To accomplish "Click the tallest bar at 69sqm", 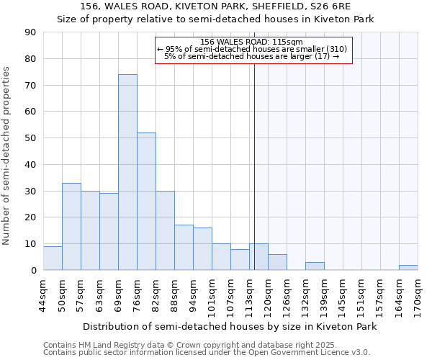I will [x=127, y=172].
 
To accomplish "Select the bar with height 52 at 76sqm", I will [x=146, y=202].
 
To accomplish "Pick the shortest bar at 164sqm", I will [x=408, y=268].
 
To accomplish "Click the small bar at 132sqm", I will [x=315, y=266].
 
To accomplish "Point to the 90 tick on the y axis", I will [x=30, y=32].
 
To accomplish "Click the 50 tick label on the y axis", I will [x=30, y=138].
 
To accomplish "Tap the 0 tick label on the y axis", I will [x=32, y=271].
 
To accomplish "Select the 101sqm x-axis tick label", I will [x=212, y=295].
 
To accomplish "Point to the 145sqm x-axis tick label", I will [x=343, y=295].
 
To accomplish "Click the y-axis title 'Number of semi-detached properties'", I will [x=6, y=156].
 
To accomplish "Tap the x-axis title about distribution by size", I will [x=230, y=326].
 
